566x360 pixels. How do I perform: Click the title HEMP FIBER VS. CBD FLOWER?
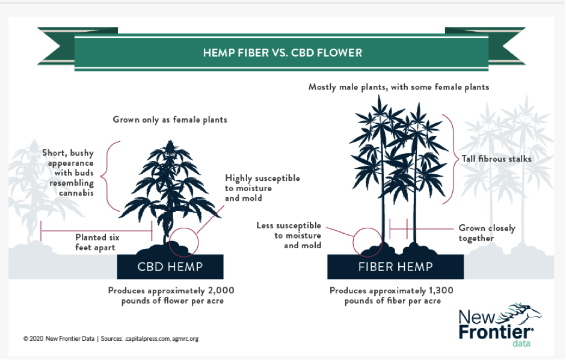coord(282,53)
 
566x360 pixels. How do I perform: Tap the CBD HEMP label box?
coord(170,267)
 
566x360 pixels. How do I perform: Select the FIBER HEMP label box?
coord(395,267)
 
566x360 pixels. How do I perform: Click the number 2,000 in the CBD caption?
coord(221,290)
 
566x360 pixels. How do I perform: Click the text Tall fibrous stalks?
coord(497,159)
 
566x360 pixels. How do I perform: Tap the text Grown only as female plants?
coord(170,120)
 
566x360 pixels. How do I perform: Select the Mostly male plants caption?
coord(399,87)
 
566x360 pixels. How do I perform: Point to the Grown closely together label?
coord(487,233)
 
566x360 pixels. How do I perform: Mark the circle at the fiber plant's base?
coord(353,242)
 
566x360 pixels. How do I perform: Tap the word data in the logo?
coord(521,343)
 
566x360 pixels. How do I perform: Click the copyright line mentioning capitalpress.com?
coord(111,339)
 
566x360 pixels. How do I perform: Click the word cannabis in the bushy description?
coord(76,193)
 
